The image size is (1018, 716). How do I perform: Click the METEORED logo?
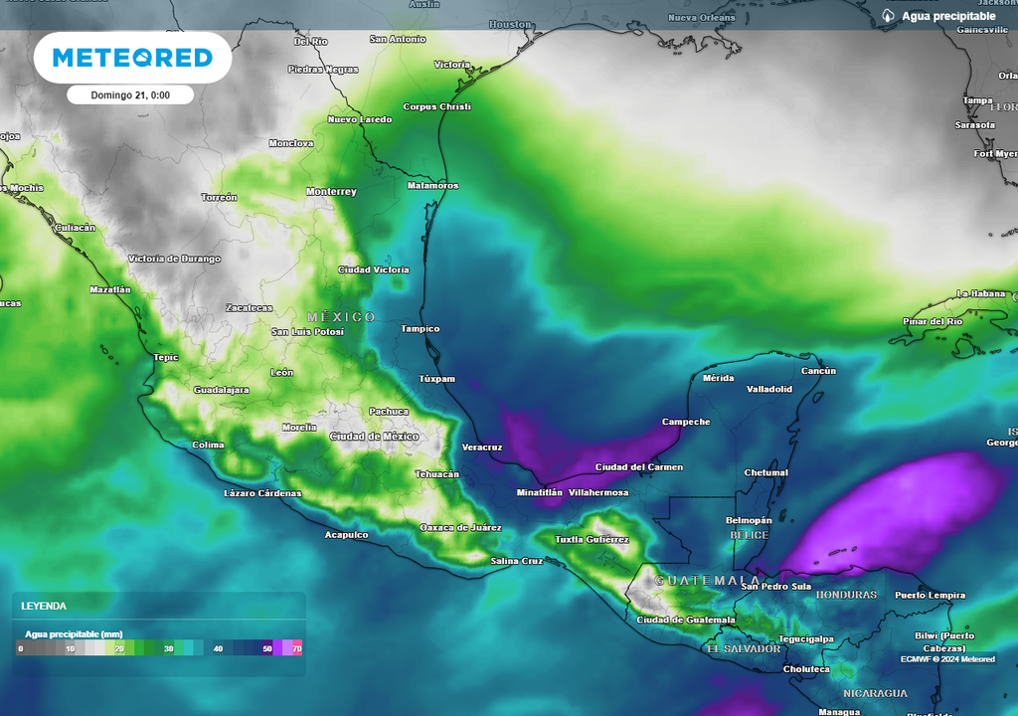click(132, 58)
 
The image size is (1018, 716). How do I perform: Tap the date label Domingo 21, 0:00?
click(129, 95)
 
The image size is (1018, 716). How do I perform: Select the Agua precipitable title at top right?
click(948, 16)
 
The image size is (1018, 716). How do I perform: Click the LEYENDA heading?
click(44, 606)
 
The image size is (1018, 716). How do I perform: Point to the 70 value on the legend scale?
click(297, 648)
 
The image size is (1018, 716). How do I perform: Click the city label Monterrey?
click(331, 191)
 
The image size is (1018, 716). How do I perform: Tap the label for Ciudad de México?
click(373, 437)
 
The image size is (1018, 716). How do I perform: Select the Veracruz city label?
click(482, 447)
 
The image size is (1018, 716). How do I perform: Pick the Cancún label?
click(819, 371)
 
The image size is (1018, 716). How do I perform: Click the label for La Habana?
click(981, 293)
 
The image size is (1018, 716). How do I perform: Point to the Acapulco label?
click(346, 535)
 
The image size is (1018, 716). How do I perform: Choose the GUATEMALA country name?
click(708, 580)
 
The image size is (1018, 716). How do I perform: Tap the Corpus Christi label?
click(436, 106)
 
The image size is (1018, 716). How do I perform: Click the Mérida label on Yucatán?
click(718, 378)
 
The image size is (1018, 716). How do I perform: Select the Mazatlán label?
click(109, 289)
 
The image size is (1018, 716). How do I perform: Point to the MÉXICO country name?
click(341, 316)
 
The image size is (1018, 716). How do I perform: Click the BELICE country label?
click(750, 535)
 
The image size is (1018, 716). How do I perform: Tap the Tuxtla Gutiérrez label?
click(592, 539)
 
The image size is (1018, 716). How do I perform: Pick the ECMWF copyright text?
click(947, 659)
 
